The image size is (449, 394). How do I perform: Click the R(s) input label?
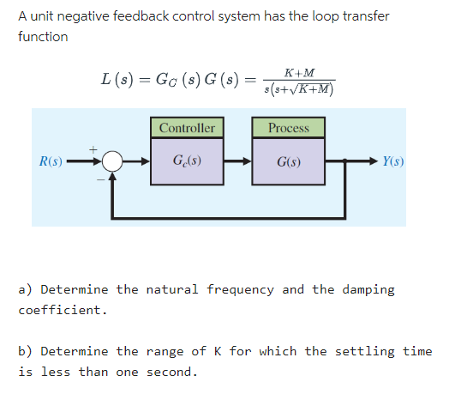49,161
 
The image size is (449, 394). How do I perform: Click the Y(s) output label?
394,161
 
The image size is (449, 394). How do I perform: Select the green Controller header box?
188,128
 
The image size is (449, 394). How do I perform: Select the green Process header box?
289,128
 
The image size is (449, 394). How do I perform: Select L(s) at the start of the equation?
116,81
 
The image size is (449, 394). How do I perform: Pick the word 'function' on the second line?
43,37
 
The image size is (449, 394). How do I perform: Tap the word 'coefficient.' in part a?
63,310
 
